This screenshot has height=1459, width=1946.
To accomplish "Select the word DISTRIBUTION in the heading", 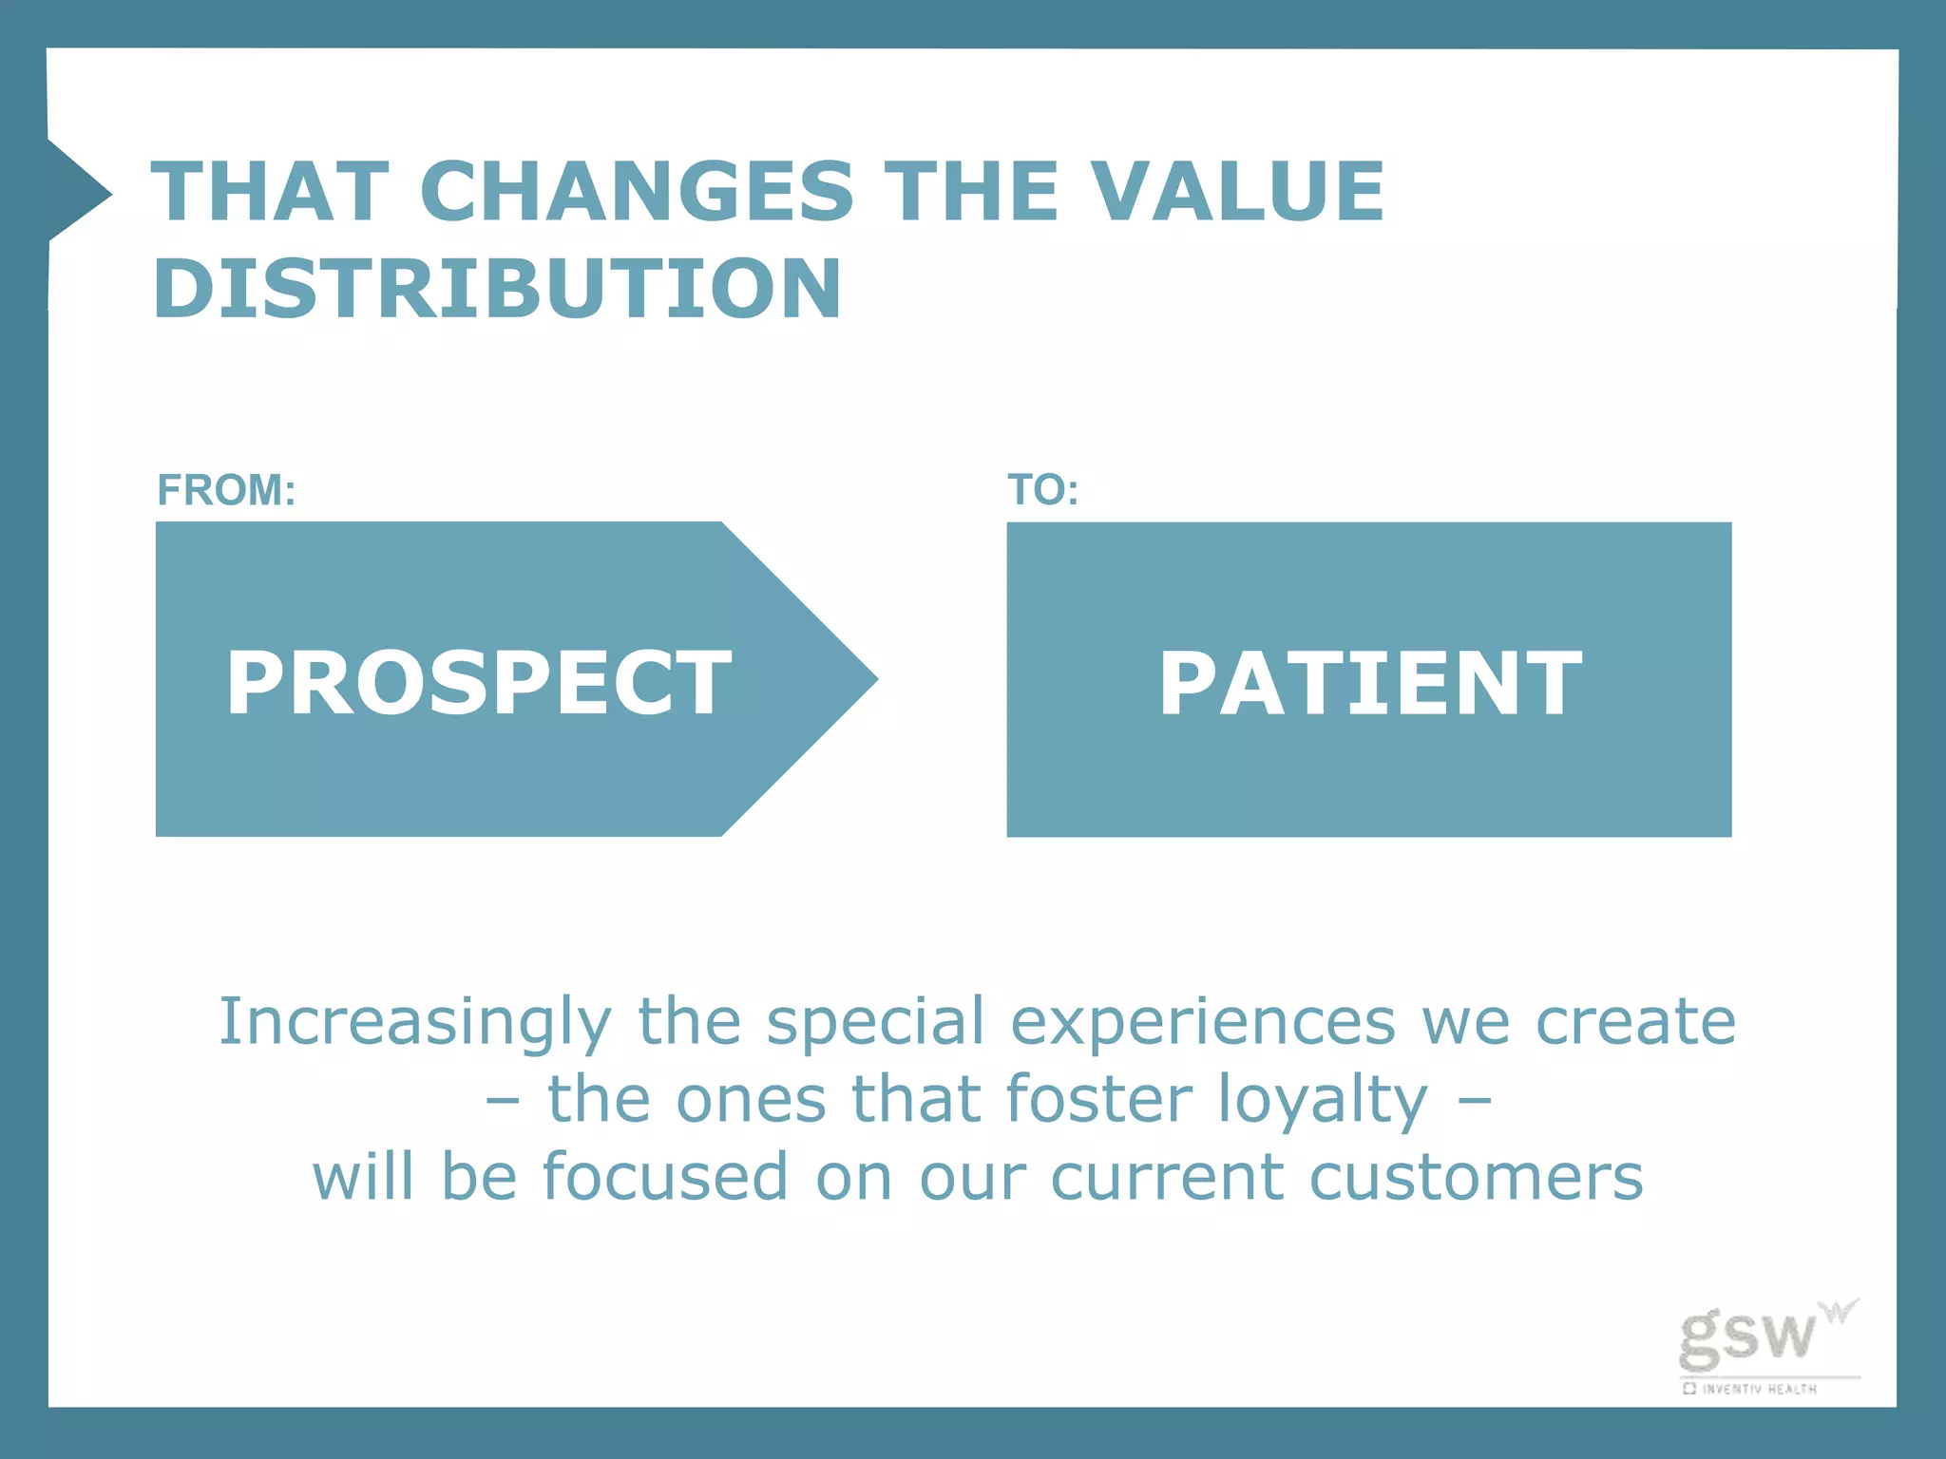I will click(497, 288).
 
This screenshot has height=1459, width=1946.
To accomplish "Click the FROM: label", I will click(226, 490).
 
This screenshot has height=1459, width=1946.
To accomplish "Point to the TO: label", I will click(1042, 490).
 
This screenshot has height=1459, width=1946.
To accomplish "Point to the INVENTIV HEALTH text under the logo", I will click(1758, 1389).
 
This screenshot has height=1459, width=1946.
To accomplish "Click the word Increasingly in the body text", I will click(415, 1023).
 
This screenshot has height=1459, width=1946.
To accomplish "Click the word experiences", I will click(1202, 1023).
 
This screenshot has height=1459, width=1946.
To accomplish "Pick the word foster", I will click(1097, 1100).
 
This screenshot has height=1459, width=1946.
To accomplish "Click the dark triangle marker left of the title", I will click(76, 193).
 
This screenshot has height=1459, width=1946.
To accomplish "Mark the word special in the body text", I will click(875, 1023).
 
